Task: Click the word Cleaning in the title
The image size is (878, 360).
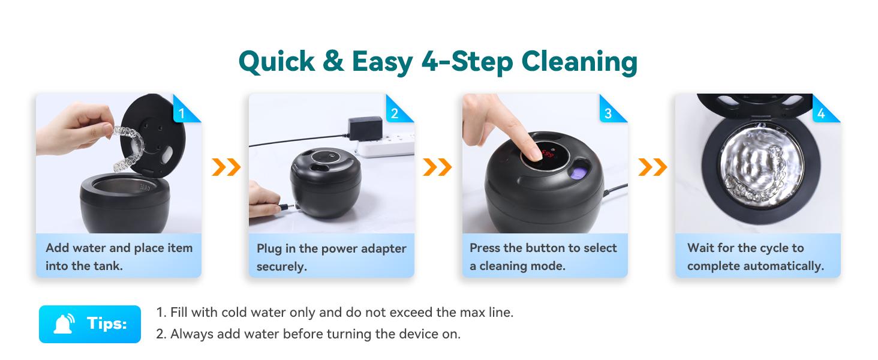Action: point(579,62)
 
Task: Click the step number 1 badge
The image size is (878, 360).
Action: point(181,112)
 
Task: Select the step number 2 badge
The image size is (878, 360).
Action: point(394,112)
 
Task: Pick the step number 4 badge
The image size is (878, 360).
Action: point(820,112)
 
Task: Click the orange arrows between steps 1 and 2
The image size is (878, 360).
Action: point(225,167)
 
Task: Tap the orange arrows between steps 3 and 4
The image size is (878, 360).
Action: point(652,167)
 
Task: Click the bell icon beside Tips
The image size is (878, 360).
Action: point(64,325)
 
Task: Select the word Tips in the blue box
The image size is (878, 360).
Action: point(107,324)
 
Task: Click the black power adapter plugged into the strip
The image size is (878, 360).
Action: point(365,128)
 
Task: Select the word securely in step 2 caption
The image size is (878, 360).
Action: point(282,267)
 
